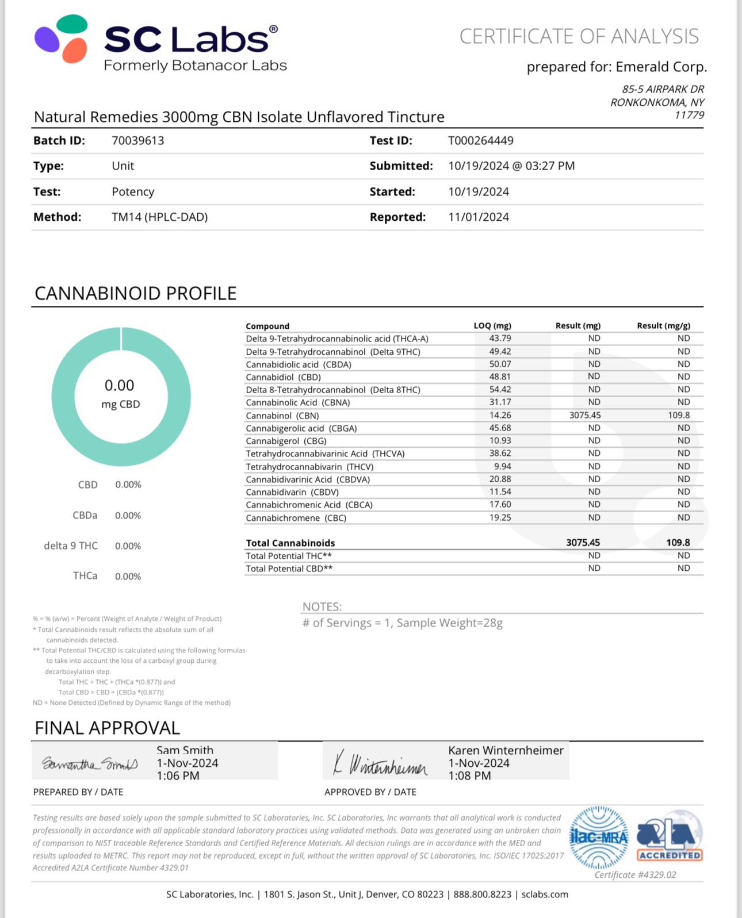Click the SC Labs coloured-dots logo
point(62,39)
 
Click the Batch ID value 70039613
point(138,141)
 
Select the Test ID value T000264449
point(481,141)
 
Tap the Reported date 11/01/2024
point(479,217)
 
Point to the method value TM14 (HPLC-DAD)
point(160,217)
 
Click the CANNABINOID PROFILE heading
point(136,294)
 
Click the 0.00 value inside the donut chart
point(120,386)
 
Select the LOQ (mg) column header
point(492,326)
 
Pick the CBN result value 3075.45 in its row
point(584,415)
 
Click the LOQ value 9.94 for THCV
point(502,466)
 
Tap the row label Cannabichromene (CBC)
point(296,518)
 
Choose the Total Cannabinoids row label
point(290,543)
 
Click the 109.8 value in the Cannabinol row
point(679,415)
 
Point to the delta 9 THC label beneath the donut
point(71,546)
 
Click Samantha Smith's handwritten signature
point(90,764)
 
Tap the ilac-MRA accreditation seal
point(599,838)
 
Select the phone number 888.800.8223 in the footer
point(482,894)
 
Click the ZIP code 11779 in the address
point(689,115)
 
